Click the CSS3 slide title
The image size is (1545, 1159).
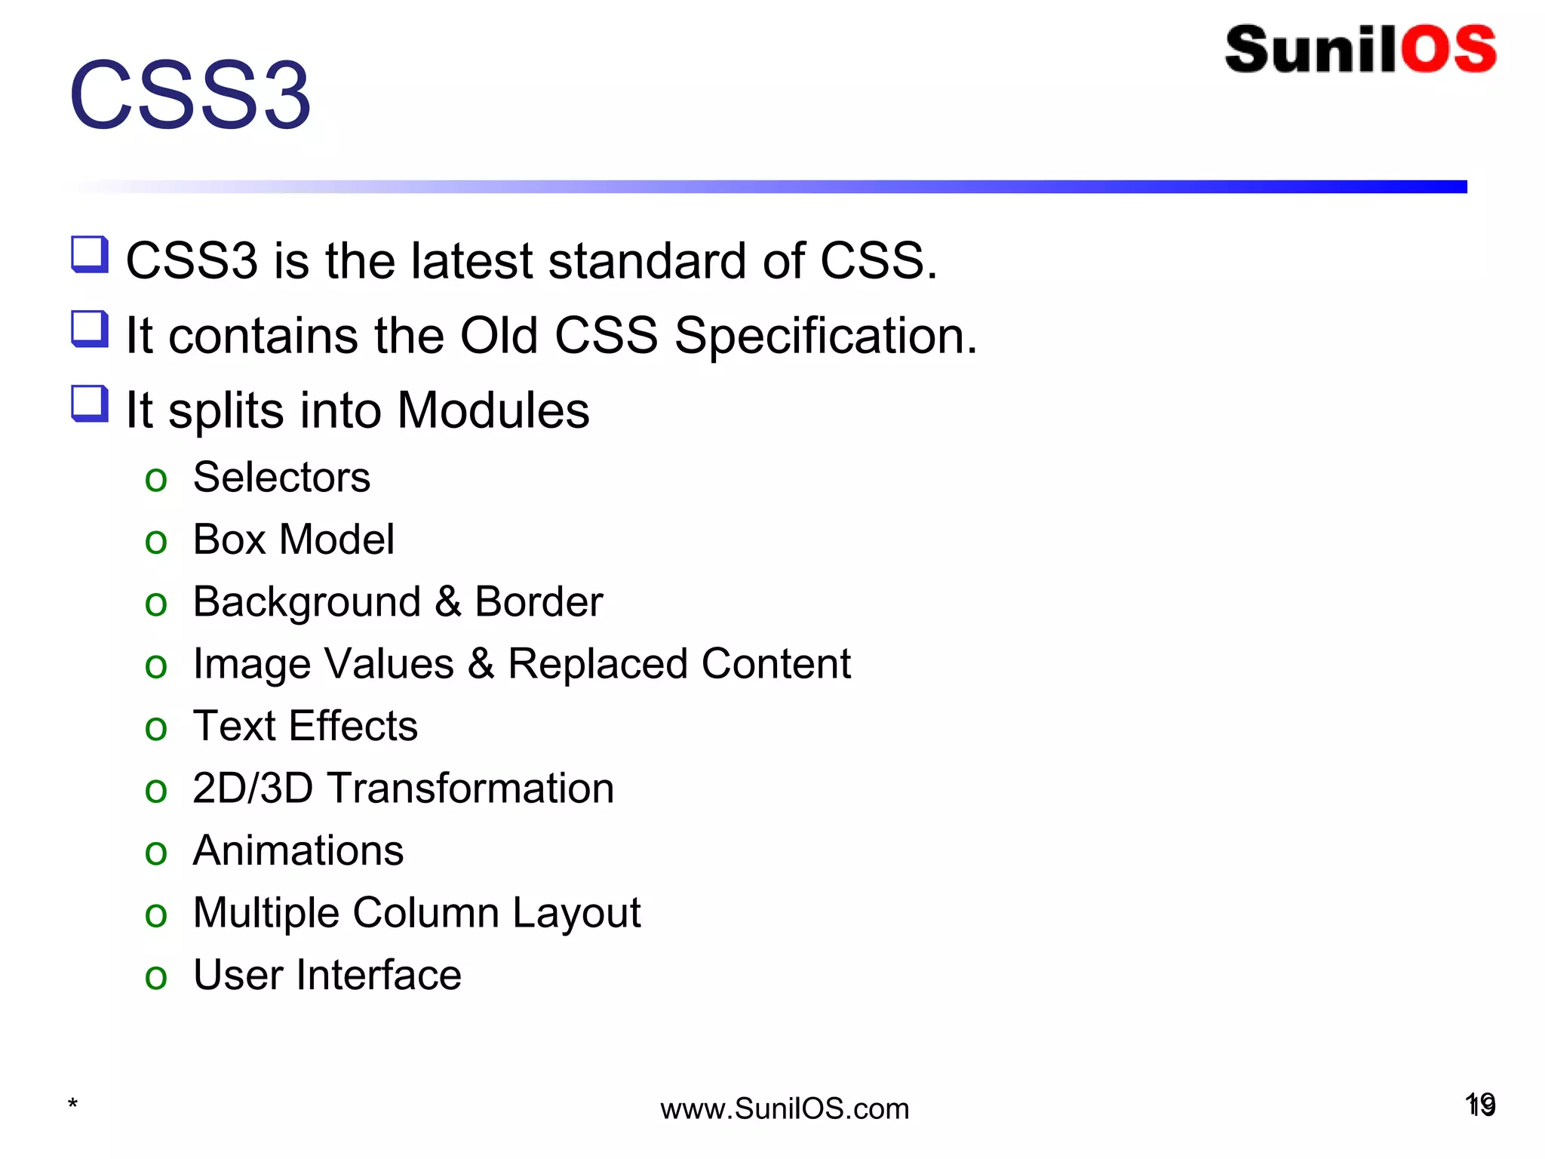coord(190,96)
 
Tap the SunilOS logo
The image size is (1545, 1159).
coord(1360,50)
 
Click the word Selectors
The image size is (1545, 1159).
coord(281,478)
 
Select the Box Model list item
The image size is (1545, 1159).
coord(293,540)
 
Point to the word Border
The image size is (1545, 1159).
coord(539,602)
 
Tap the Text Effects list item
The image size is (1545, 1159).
coord(305,727)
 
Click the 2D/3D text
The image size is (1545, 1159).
coord(253,789)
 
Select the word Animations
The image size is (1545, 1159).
coord(298,851)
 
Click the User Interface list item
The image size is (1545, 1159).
coord(327,975)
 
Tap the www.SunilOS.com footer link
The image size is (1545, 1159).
coord(785,1109)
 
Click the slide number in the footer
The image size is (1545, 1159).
coord(1480,1105)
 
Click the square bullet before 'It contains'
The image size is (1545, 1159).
coord(90,329)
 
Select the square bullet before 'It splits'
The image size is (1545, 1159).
coord(90,404)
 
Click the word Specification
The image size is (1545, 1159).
coord(825,336)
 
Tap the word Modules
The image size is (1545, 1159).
coord(493,410)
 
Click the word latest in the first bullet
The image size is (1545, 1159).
coord(471,261)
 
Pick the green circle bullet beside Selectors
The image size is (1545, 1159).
coord(155,480)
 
